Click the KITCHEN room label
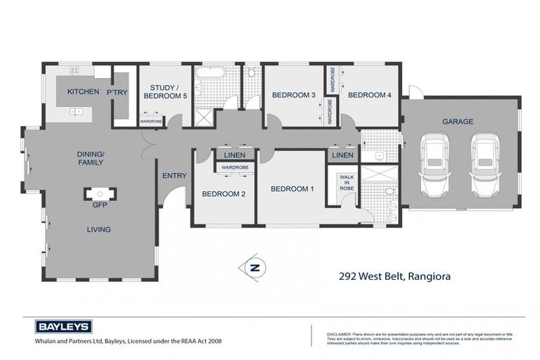coord(83,92)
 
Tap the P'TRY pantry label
coord(117,92)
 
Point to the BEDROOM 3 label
coord(293,95)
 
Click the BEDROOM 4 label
coord(369,95)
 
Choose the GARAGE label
coord(457,121)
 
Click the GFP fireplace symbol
coord(98,194)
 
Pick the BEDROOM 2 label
coord(224,194)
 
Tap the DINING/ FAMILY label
coord(90,157)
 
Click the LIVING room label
coord(98,229)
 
